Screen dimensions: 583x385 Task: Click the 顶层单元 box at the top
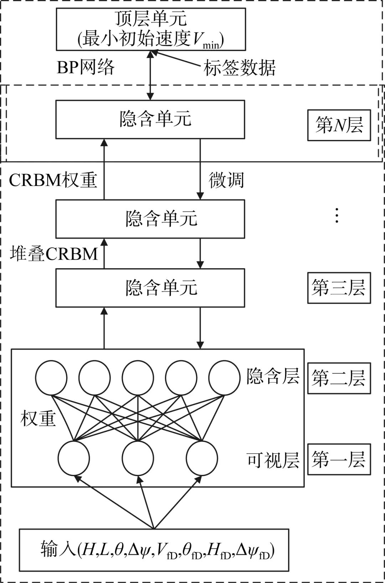click(151, 29)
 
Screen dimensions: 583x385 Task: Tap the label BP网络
click(86, 67)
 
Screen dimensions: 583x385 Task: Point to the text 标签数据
click(240, 68)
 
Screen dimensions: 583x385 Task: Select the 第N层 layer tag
click(339, 125)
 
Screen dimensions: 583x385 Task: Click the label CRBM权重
click(53, 180)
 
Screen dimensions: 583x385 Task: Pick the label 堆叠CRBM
click(54, 254)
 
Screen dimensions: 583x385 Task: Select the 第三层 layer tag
click(339, 288)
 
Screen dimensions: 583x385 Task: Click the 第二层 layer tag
click(339, 378)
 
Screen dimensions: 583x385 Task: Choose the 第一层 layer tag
click(339, 459)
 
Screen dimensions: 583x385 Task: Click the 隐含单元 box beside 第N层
click(150, 119)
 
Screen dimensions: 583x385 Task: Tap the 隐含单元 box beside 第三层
click(150, 288)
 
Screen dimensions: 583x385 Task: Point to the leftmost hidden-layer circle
click(51, 378)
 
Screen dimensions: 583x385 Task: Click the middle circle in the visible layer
click(138, 458)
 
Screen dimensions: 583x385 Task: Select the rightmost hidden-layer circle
click(224, 378)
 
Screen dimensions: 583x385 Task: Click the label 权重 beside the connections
click(38, 418)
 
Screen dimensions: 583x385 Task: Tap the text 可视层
click(273, 460)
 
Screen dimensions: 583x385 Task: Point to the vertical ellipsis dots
click(337, 215)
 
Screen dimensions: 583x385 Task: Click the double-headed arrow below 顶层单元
click(151, 75)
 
